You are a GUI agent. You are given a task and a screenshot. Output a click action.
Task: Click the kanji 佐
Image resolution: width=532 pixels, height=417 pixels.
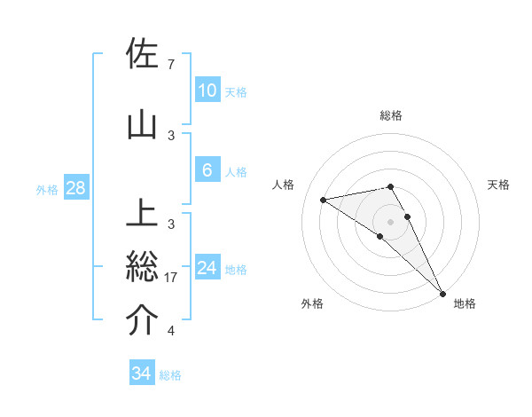[142, 53]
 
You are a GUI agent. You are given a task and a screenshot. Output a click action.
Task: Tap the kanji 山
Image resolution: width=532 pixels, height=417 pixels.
[142, 125]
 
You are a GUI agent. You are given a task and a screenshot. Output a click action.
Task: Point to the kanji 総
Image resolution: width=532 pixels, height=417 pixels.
[142, 267]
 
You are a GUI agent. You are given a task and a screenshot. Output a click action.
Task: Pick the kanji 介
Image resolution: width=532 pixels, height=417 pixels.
[142, 320]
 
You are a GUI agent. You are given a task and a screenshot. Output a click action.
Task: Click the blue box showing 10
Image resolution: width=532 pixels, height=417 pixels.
[207, 90]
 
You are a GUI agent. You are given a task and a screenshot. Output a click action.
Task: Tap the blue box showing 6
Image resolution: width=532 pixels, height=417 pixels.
[207, 170]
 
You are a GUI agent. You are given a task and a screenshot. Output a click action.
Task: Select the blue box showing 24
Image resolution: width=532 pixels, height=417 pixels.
[207, 268]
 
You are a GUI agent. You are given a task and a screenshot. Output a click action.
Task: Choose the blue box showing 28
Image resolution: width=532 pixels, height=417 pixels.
[75, 188]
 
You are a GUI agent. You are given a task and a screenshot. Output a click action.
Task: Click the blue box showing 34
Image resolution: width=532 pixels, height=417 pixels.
[141, 374]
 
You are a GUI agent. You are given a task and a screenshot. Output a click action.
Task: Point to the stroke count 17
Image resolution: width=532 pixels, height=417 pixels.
[173, 278]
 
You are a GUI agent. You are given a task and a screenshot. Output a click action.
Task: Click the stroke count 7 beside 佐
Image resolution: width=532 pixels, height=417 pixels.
[170, 65]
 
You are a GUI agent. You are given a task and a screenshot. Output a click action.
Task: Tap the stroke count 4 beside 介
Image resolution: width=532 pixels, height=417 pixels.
[170, 331]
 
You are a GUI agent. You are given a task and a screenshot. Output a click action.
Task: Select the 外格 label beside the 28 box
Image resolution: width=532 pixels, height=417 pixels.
[47, 189]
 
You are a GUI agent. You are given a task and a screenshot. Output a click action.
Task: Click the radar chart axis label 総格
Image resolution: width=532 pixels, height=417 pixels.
[391, 115]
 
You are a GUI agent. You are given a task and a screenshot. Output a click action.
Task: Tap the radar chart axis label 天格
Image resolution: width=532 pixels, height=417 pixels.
[498, 185]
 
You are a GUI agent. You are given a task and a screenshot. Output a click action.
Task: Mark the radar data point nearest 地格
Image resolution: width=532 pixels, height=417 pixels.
[442, 292]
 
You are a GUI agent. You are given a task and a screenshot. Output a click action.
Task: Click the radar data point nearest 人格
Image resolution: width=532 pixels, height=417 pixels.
[324, 200]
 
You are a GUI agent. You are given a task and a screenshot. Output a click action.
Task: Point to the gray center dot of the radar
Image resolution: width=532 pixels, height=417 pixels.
[391, 221]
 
